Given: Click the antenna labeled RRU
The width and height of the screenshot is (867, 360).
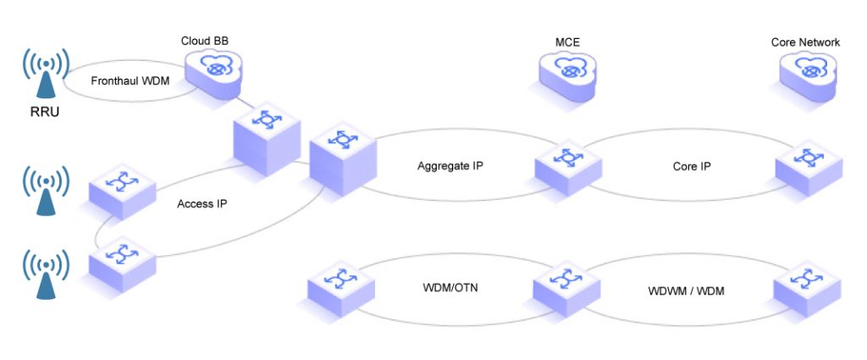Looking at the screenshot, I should [x=41, y=73].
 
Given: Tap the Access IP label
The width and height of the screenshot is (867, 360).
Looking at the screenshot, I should [x=202, y=204].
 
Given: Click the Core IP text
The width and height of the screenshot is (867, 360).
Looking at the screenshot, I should [x=691, y=166].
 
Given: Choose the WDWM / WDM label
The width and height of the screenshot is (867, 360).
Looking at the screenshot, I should [x=687, y=291].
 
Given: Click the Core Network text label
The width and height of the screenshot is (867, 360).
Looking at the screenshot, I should [x=805, y=42].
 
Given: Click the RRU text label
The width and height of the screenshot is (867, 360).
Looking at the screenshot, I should [x=43, y=111].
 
